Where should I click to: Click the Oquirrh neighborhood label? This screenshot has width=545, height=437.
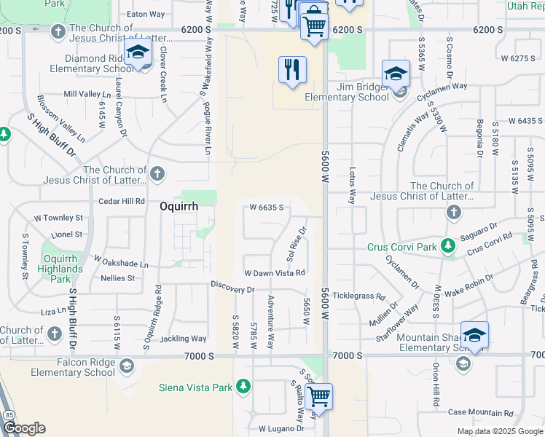tap(179, 206)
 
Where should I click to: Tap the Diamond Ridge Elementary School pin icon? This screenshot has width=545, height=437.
tap(136, 53)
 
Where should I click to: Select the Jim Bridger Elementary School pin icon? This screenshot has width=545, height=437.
tap(396, 74)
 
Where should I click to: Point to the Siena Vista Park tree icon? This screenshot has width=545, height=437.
tap(246, 387)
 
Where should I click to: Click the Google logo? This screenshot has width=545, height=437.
tap(23, 428)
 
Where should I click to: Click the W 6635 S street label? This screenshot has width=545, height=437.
tap(266, 208)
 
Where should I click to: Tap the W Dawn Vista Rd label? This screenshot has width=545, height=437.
tap(274, 273)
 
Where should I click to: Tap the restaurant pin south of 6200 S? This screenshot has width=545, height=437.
tap(291, 71)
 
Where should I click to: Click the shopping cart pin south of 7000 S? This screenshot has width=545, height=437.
tap(318, 396)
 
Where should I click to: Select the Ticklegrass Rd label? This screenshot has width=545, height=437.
tap(358, 296)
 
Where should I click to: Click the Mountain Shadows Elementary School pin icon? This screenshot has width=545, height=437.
tap(474, 335)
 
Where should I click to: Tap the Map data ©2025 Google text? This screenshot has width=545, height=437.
tap(499, 431)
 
